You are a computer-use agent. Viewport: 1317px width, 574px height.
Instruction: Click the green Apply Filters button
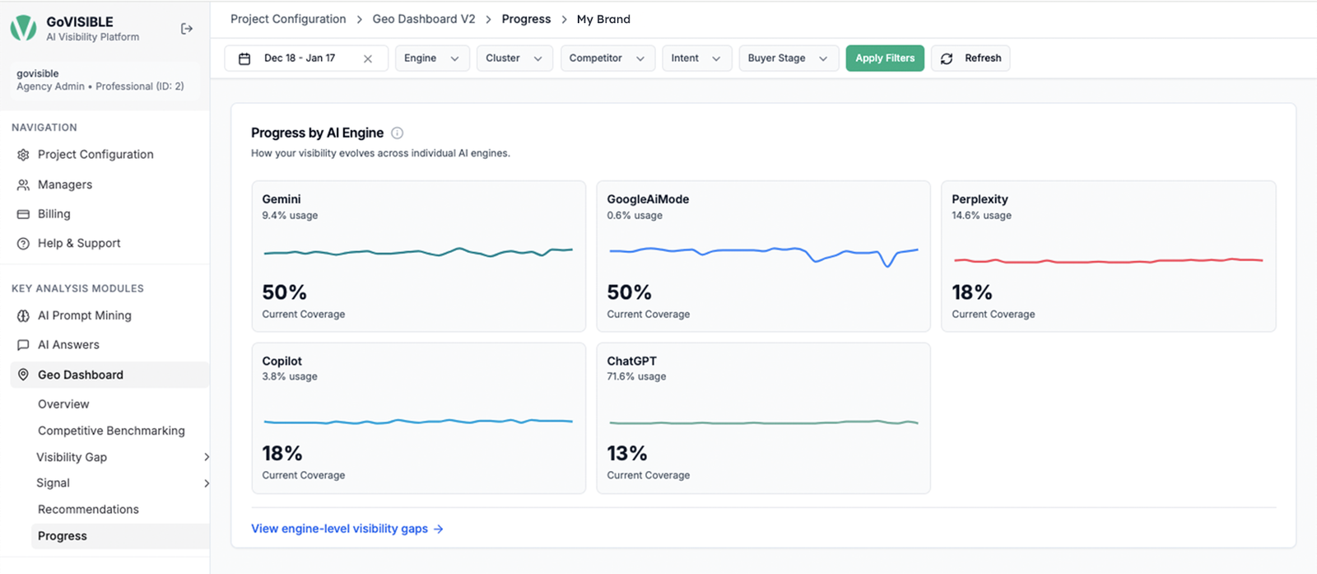pos(885,58)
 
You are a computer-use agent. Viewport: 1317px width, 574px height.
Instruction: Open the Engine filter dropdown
pos(432,58)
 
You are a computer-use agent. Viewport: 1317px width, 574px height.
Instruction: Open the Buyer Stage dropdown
pos(789,58)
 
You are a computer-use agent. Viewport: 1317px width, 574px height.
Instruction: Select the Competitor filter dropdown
pos(607,58)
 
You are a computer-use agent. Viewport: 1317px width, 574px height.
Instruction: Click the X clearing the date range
pos(368,58)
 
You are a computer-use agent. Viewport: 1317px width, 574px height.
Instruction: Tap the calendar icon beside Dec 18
pos(244,58)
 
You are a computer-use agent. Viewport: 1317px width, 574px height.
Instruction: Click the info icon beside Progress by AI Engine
pos(398,133)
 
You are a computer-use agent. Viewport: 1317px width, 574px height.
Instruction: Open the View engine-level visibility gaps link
pos(347,529)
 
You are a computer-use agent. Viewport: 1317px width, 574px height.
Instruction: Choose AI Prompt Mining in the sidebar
pos(84,315)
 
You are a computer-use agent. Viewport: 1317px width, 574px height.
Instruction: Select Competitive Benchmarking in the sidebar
pos(111,431)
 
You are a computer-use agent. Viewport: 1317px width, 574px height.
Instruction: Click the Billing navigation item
pos(54,214)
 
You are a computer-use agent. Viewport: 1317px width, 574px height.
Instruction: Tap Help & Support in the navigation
pos(79,244)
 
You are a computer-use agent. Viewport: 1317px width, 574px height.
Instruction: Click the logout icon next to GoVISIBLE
pos(186,29)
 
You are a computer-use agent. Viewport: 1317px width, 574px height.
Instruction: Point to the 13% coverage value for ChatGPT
pos(626,454)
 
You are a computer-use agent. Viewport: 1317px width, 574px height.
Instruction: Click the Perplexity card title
pos(980,198)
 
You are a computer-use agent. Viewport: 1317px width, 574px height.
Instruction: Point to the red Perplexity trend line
pos(1108,260)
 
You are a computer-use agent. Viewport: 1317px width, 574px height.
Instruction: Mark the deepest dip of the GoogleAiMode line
pos(887,266)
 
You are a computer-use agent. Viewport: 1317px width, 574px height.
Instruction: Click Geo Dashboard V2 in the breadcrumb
pos(424,19)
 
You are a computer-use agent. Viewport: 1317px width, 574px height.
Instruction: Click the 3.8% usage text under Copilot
pos(290,376)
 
